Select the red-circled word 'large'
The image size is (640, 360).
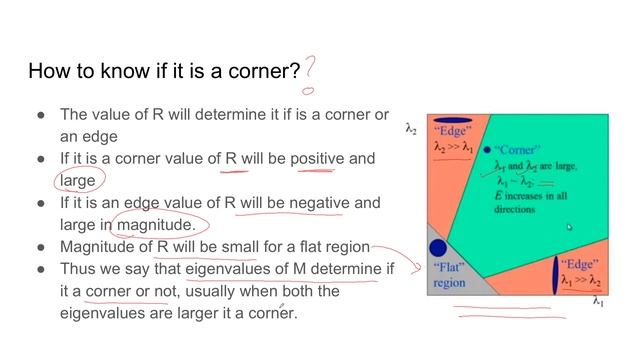[x=78, y=180]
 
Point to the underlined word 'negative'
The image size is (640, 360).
[x=317, y=202]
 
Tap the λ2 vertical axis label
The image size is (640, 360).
[x=411, y=128]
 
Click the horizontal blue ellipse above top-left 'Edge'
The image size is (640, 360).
[x=451, y=117]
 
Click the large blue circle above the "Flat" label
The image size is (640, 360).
[x=437, y=247]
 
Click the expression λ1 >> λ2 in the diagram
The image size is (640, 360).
[x=580, y=281]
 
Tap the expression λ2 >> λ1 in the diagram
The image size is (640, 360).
[x=453, y=147]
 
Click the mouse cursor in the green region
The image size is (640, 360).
[x=568, y=227]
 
